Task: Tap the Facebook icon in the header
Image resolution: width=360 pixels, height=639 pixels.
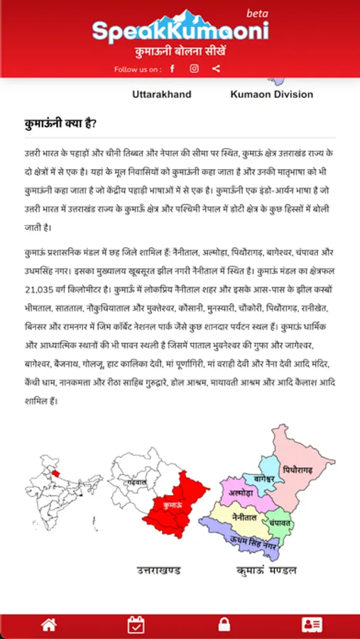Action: tap(172, 69)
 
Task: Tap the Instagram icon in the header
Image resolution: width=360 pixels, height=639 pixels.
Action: tap(194, 69)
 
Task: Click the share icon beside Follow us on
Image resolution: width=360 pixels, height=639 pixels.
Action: tap(216, 69)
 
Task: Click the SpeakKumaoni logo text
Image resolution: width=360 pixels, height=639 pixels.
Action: tap(180, 31)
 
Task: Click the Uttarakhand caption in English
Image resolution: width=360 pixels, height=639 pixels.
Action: tap(161, 94)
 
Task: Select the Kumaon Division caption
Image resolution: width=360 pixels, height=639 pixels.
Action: tap(271, 94)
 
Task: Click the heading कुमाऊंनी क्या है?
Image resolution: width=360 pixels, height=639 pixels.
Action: tap(60, 125)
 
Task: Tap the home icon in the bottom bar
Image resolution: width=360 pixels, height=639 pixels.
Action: tap(48, 625)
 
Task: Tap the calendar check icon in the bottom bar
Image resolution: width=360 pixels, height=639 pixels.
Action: tap(136, 625)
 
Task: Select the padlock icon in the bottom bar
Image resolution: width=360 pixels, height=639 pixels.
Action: tap(224, 625)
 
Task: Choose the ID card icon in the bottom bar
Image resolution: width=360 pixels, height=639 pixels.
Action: tap(311, 625)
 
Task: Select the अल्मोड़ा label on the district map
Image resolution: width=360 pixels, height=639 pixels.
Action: tap(241, 491)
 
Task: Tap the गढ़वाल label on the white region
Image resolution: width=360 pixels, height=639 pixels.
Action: tap(137, 482)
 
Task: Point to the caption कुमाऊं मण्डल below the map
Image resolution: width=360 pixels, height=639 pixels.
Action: tap(266, 570)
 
